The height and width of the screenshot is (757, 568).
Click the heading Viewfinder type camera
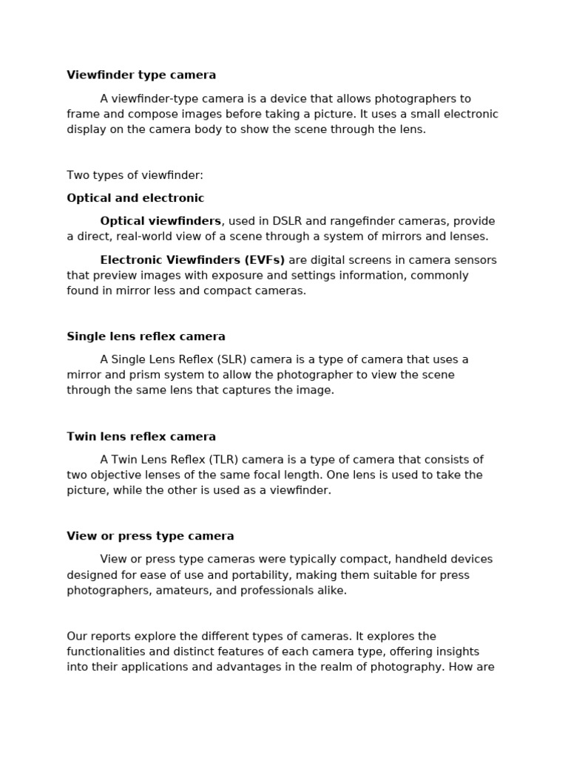[x=141, y=75]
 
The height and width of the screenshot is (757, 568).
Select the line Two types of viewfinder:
[x=135, y=175]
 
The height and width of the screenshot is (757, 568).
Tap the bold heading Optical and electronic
[x=135, y=198]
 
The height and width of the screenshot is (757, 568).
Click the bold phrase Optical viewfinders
[x=160, y=221]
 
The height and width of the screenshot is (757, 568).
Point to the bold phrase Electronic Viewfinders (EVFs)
[x=192, y=260]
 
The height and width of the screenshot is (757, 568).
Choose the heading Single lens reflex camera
[x=146, y=336]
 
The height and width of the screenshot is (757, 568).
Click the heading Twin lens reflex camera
[x=141, y=436]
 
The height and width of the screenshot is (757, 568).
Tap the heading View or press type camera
[x=150, y=536]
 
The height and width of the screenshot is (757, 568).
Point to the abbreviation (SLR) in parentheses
[x=233, y=359]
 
